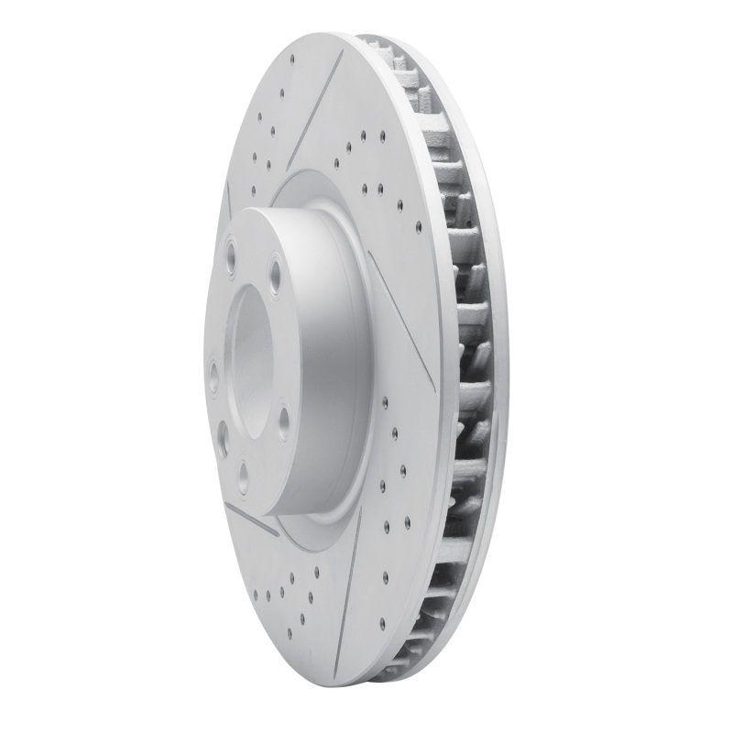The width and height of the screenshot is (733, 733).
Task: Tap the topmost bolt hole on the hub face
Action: [x=228, y=248]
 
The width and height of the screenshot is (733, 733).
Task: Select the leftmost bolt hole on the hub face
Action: [x=213, y=375]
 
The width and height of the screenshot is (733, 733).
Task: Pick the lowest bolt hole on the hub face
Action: [x=243, y=473]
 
